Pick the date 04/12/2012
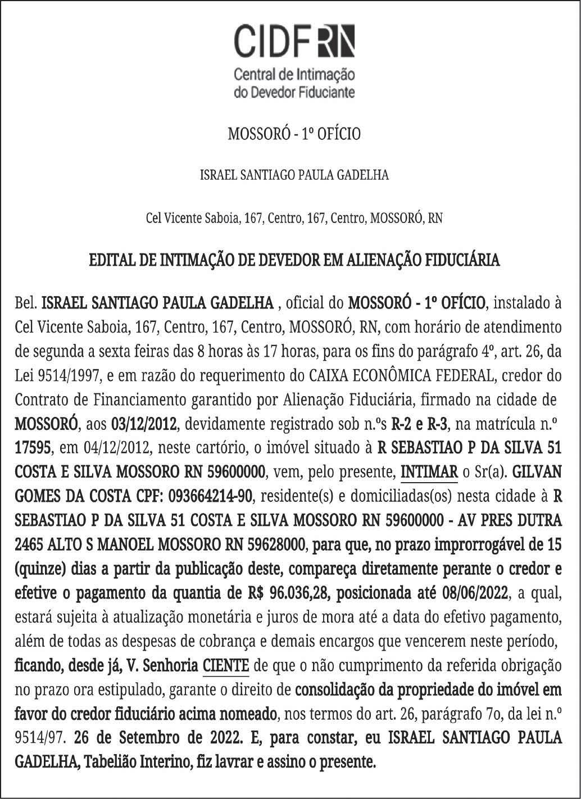(119, 448)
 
